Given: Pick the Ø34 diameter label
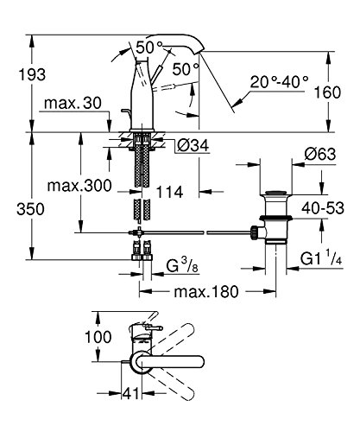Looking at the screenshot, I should [193, 144].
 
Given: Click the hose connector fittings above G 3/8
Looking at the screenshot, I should [141, 254].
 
